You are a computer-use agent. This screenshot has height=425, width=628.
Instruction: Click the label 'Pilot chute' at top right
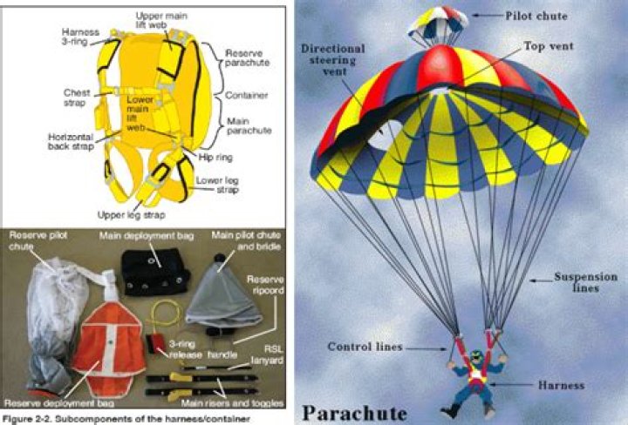538,15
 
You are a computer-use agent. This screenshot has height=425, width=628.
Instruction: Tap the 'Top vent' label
550,45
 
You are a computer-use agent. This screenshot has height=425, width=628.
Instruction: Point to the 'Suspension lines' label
585,282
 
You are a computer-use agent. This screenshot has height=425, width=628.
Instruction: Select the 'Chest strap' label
76,97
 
